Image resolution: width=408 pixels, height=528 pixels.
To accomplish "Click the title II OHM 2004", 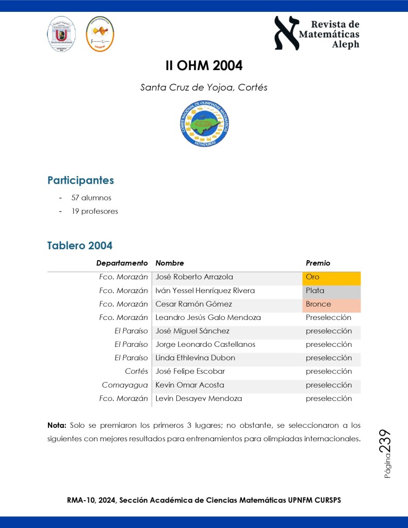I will (204, 66).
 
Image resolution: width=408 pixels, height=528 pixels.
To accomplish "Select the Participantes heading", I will (80, 180).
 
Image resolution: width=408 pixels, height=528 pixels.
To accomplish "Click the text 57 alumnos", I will (91, 198).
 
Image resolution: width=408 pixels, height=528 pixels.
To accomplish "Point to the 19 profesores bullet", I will (94, 211).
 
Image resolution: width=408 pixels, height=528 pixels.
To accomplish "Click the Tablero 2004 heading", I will (79, 245).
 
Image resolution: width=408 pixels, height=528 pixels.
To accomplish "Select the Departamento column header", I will (122, 263).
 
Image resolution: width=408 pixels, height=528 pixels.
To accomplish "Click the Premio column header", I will (318, 263).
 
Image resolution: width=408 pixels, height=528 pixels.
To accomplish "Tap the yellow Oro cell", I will (331, 277).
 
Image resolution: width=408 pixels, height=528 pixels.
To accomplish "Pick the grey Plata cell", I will (331, 291).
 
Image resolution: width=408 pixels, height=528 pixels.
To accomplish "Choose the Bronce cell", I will (331, 304).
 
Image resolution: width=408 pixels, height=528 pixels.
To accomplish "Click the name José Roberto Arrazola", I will (194, 277).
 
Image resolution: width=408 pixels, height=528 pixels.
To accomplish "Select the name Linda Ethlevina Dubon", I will (195, 358).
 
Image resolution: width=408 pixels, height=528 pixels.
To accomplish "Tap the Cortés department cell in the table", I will (136, 371).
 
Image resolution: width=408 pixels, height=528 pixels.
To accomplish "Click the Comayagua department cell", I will (125, 385).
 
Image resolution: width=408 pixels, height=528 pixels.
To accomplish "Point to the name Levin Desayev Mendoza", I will (199, 398).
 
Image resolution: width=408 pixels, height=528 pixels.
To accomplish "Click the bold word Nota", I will (57, 425).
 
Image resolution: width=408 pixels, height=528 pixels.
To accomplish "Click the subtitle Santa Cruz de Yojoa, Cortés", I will (204, 87).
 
